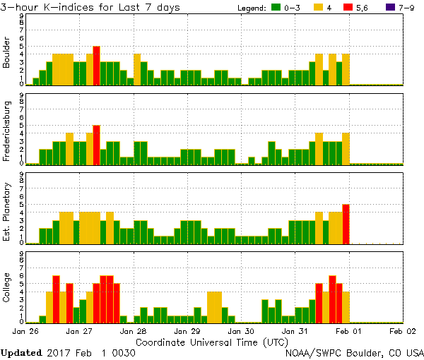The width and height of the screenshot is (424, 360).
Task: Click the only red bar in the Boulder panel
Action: (x=96, y=66)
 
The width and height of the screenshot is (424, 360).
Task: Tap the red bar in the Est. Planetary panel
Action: (x=346, y=224)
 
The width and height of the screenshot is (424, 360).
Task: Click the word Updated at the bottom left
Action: (x=25, y=352)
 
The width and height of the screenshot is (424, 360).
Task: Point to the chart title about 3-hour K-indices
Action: (x=90, y=7)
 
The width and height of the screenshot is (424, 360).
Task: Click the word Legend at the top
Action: (x=252, y=8)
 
